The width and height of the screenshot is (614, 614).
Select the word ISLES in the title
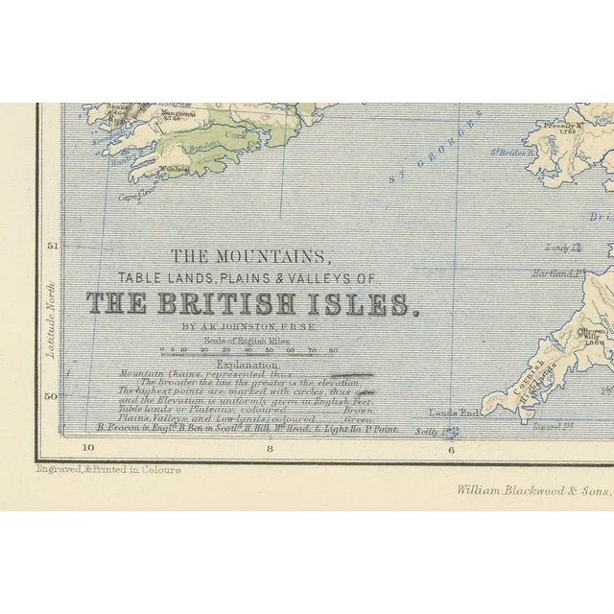click(368, 304)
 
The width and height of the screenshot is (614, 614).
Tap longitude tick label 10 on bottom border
click(89, 447)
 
